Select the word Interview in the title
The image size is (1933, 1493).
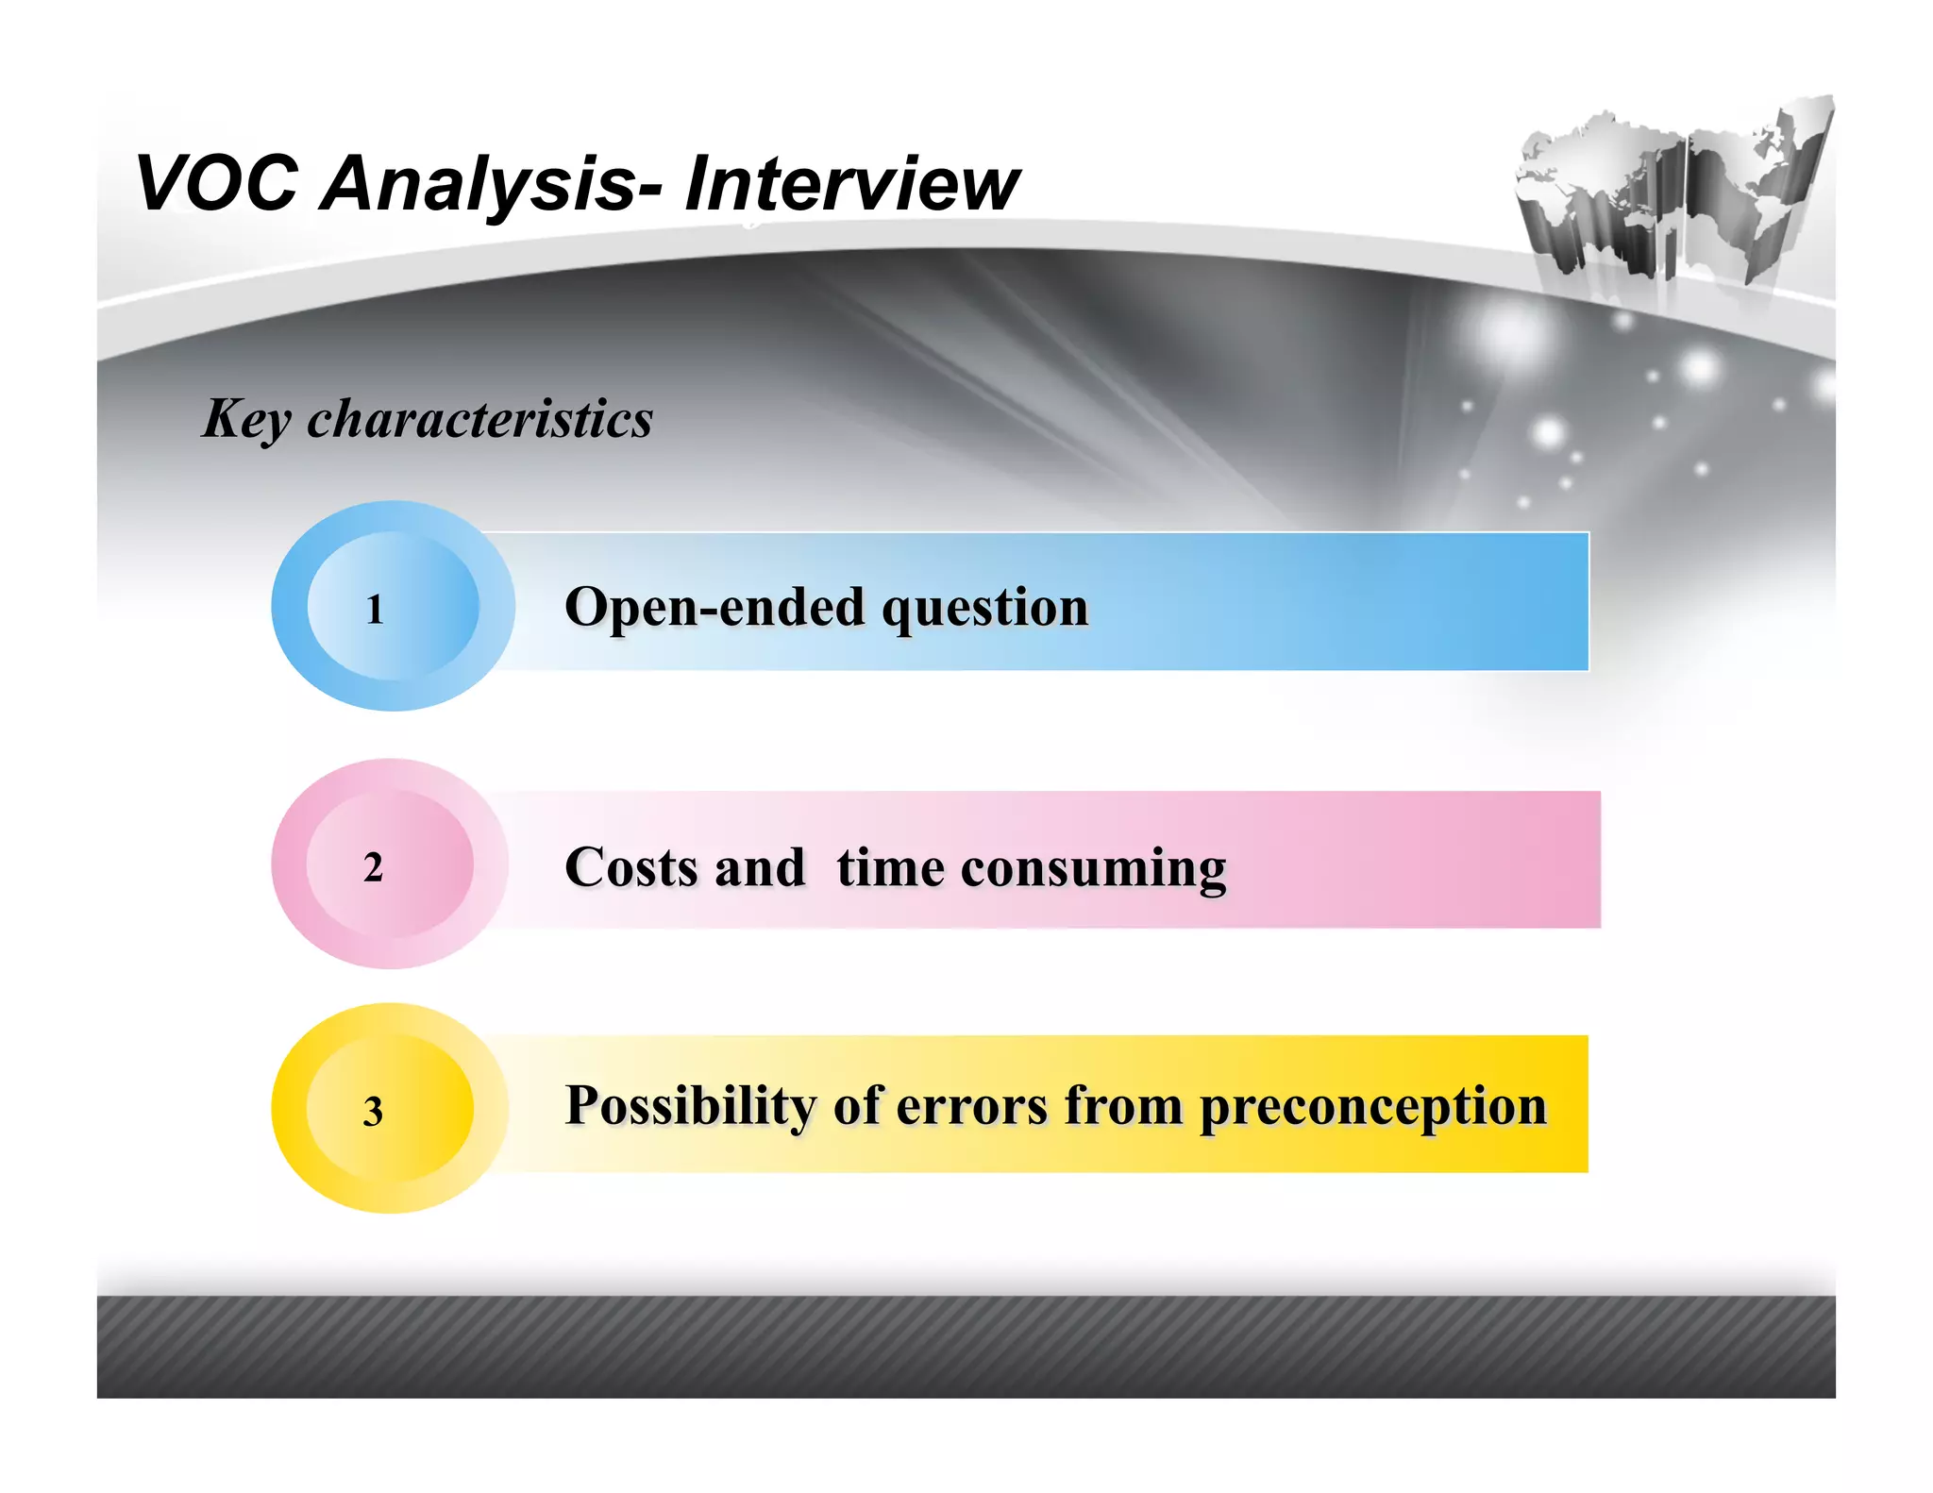pos(851,183)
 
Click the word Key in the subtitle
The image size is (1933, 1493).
pos(246,419)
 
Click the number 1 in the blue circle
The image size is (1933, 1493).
pos(375,610)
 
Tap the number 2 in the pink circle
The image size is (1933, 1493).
pos(374,867)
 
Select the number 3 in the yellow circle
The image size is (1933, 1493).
pos(374,1112)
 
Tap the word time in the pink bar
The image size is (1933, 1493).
pos(890,867)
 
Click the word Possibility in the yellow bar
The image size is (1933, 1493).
pos(690,1106)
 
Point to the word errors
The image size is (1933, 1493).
pos(971,1106)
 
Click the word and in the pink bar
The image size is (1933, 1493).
pos(760,867)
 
